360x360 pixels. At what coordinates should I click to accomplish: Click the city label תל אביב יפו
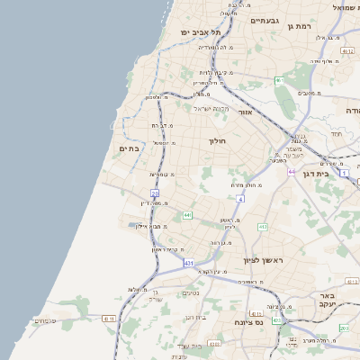[x=194, y=32]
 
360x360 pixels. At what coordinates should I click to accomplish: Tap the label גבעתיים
[x=266, y=20]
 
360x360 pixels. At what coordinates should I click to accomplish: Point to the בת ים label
[x=129, y=148]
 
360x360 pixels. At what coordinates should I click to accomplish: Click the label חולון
[x=219, y=141]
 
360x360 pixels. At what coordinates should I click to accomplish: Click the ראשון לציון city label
[x=262, y=260]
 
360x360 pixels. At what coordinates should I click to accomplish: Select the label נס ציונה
[x=247, y=321]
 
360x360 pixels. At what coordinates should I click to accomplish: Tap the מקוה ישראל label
[x=212, y=109]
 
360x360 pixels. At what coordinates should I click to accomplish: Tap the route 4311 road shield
[x=109, y=318]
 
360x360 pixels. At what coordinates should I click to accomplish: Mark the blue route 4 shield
[x=240, y=199]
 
